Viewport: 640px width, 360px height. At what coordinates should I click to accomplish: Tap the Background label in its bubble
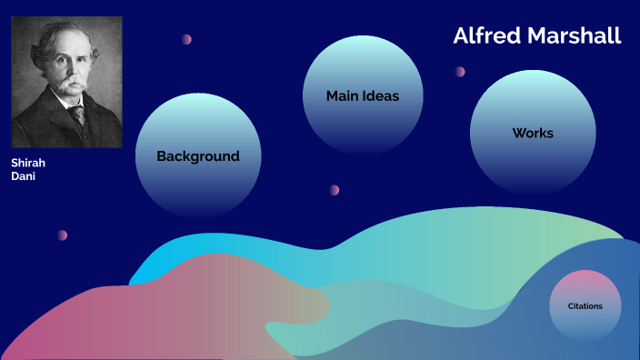coord(198,156)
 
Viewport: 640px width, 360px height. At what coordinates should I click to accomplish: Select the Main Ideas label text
coord(363,95)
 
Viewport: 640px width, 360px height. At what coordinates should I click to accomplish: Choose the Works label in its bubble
coord(533,133)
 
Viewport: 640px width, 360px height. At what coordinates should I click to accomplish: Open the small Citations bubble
coord(585,306)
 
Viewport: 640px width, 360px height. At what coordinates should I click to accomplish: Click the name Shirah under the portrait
coord(28,163)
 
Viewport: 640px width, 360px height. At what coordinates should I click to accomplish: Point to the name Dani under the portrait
coord(23,176)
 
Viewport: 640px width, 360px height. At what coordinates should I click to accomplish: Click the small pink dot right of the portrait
coord(186,39)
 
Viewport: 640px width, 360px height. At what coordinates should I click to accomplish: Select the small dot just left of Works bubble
coord(460,72)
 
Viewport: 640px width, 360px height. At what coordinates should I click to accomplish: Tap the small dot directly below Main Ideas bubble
coord(335,190)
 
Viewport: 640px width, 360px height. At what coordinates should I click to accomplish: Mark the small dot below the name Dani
coord(63,235)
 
